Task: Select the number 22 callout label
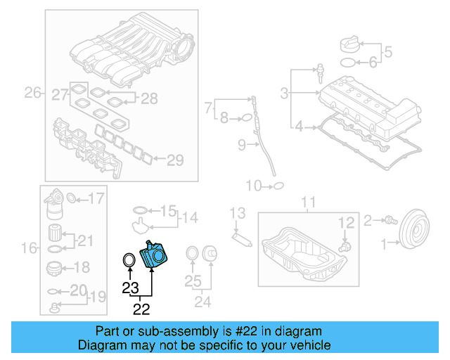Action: click(141, 308)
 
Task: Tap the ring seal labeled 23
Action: click(129, 261)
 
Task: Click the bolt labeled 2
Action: click(387, 221)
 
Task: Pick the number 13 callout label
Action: click(238, 212)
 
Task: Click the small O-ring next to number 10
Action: click(278, 186)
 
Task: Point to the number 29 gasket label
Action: click(174, 160)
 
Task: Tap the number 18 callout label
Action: click(82, 267)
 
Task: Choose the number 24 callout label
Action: click(202, 304)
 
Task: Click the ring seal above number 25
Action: click(191, 254)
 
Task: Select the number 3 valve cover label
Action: click(285, 93)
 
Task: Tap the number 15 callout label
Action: click(167, 210)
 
